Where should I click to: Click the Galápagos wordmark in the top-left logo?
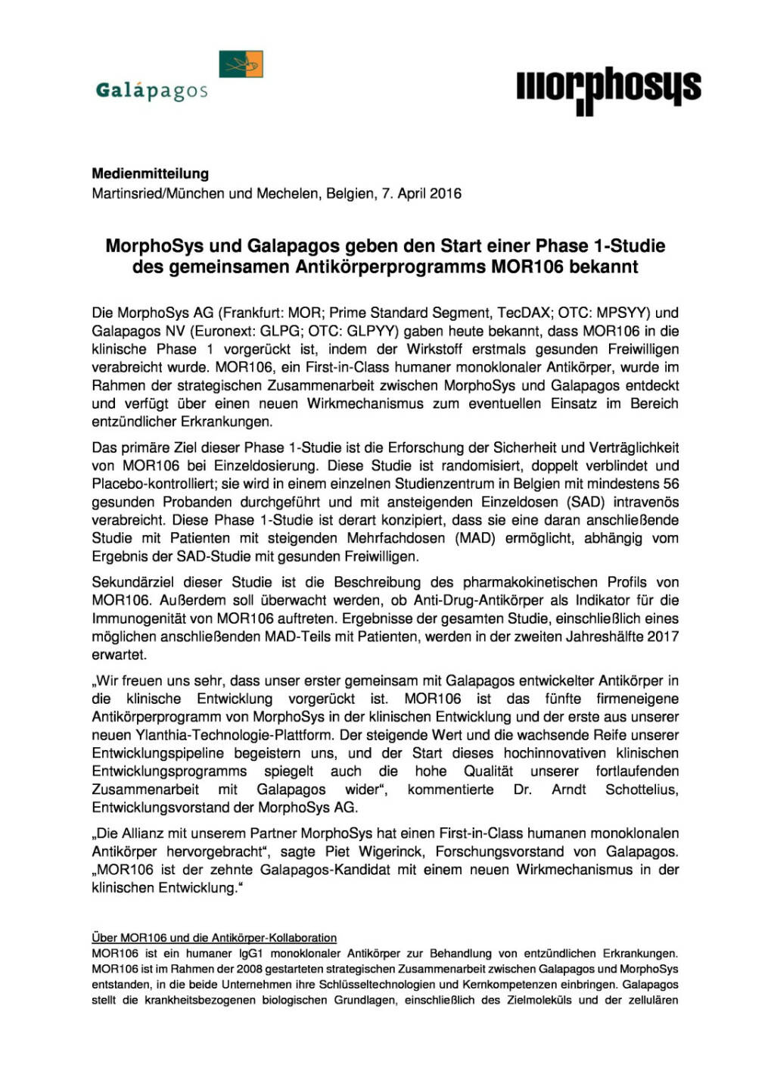[151, 91]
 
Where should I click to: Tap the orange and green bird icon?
[241, 64]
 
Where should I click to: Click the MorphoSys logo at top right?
[608, 90]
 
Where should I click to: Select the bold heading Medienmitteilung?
[150, 173]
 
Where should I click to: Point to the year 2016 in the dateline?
[445, 193]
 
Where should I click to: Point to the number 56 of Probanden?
[670, 484]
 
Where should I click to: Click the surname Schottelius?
[641, 789]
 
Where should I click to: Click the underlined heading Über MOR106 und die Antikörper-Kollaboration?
[214, 938]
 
